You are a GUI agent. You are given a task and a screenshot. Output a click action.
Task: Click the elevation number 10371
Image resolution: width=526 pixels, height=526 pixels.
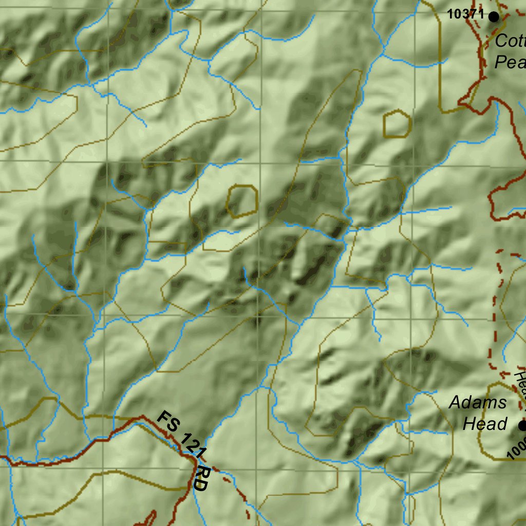tap(465, 14)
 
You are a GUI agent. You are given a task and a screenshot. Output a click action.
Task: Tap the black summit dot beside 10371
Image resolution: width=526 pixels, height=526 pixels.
tap(494, 17)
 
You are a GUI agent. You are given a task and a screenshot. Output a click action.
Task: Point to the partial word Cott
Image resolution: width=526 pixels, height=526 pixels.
tap(510, 41)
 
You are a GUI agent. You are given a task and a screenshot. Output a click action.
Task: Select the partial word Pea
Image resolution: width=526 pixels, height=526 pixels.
tap(510, 62)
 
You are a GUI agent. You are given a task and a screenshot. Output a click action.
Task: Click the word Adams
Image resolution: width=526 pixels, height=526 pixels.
tap(478, 402)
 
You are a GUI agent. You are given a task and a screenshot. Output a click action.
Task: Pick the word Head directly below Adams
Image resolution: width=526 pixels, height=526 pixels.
tap(485, 424)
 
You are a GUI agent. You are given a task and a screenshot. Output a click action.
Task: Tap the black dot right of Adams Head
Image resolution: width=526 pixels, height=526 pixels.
tap(522, 426)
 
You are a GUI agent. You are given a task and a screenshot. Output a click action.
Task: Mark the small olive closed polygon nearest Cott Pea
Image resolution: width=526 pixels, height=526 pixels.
tap(397, 124)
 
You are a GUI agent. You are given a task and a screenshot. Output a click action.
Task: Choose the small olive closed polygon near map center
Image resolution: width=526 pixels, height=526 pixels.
tap(242, 201)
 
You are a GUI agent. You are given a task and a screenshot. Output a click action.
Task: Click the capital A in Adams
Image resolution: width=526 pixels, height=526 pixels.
tap(455, 402)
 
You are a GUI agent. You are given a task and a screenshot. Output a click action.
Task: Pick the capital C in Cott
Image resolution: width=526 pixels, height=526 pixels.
tap(501, 41)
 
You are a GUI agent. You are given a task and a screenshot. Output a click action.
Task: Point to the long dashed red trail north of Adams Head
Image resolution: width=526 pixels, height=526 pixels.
tap(495, 308)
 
